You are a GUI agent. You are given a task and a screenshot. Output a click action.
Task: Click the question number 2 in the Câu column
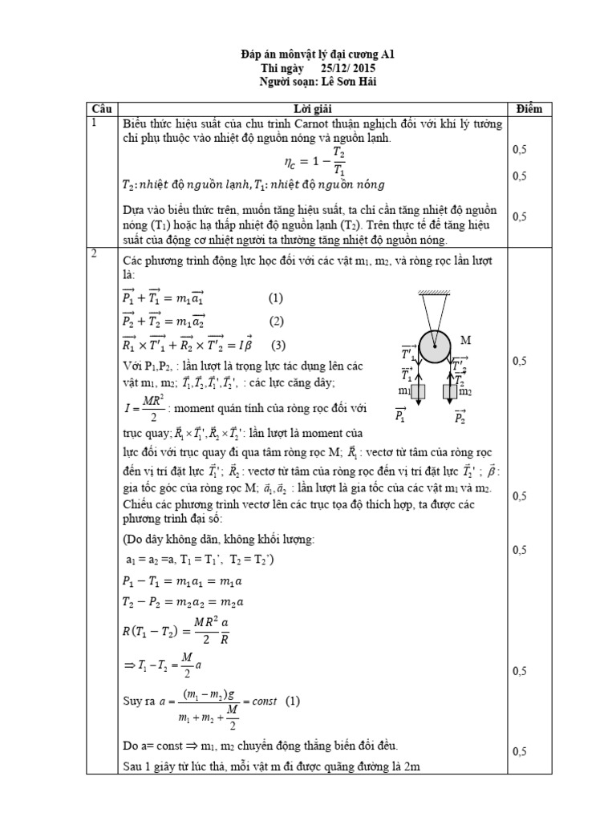[95, 254]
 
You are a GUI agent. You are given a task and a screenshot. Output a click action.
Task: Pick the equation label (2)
[278, 322]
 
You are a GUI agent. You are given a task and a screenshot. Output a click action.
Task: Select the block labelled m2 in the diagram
[452, 394]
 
